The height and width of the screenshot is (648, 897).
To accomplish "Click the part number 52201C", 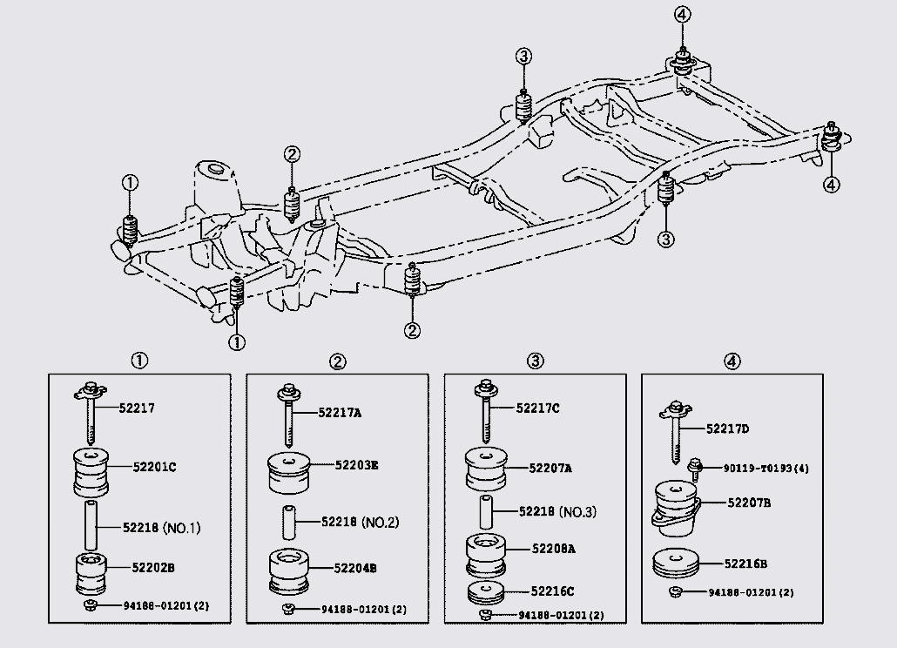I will pyautogui.click(x=153, y=467).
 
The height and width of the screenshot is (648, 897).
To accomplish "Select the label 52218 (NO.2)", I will pyautogui.click(x=357, y=523).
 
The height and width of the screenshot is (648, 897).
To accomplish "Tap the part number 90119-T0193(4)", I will pyautogui.click(x=765, y=469).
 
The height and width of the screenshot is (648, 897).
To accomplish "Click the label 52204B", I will pyautogui.click(x=355, y=568).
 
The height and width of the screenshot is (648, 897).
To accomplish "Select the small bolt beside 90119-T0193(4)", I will pyautogui.click(x=695, y=467).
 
